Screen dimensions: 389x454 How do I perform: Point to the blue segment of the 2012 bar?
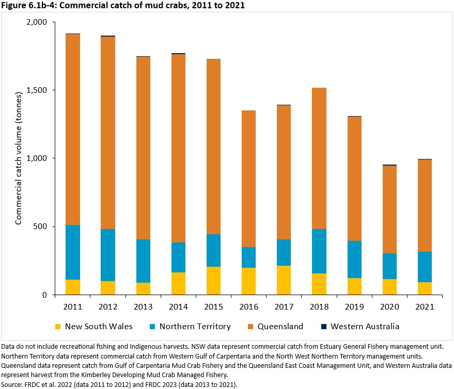(108, 255)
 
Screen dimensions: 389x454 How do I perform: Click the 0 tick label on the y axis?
(44, 295)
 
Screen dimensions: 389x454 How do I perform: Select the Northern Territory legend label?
(195, 327)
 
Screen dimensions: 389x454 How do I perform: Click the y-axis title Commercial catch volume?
(19, 158)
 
